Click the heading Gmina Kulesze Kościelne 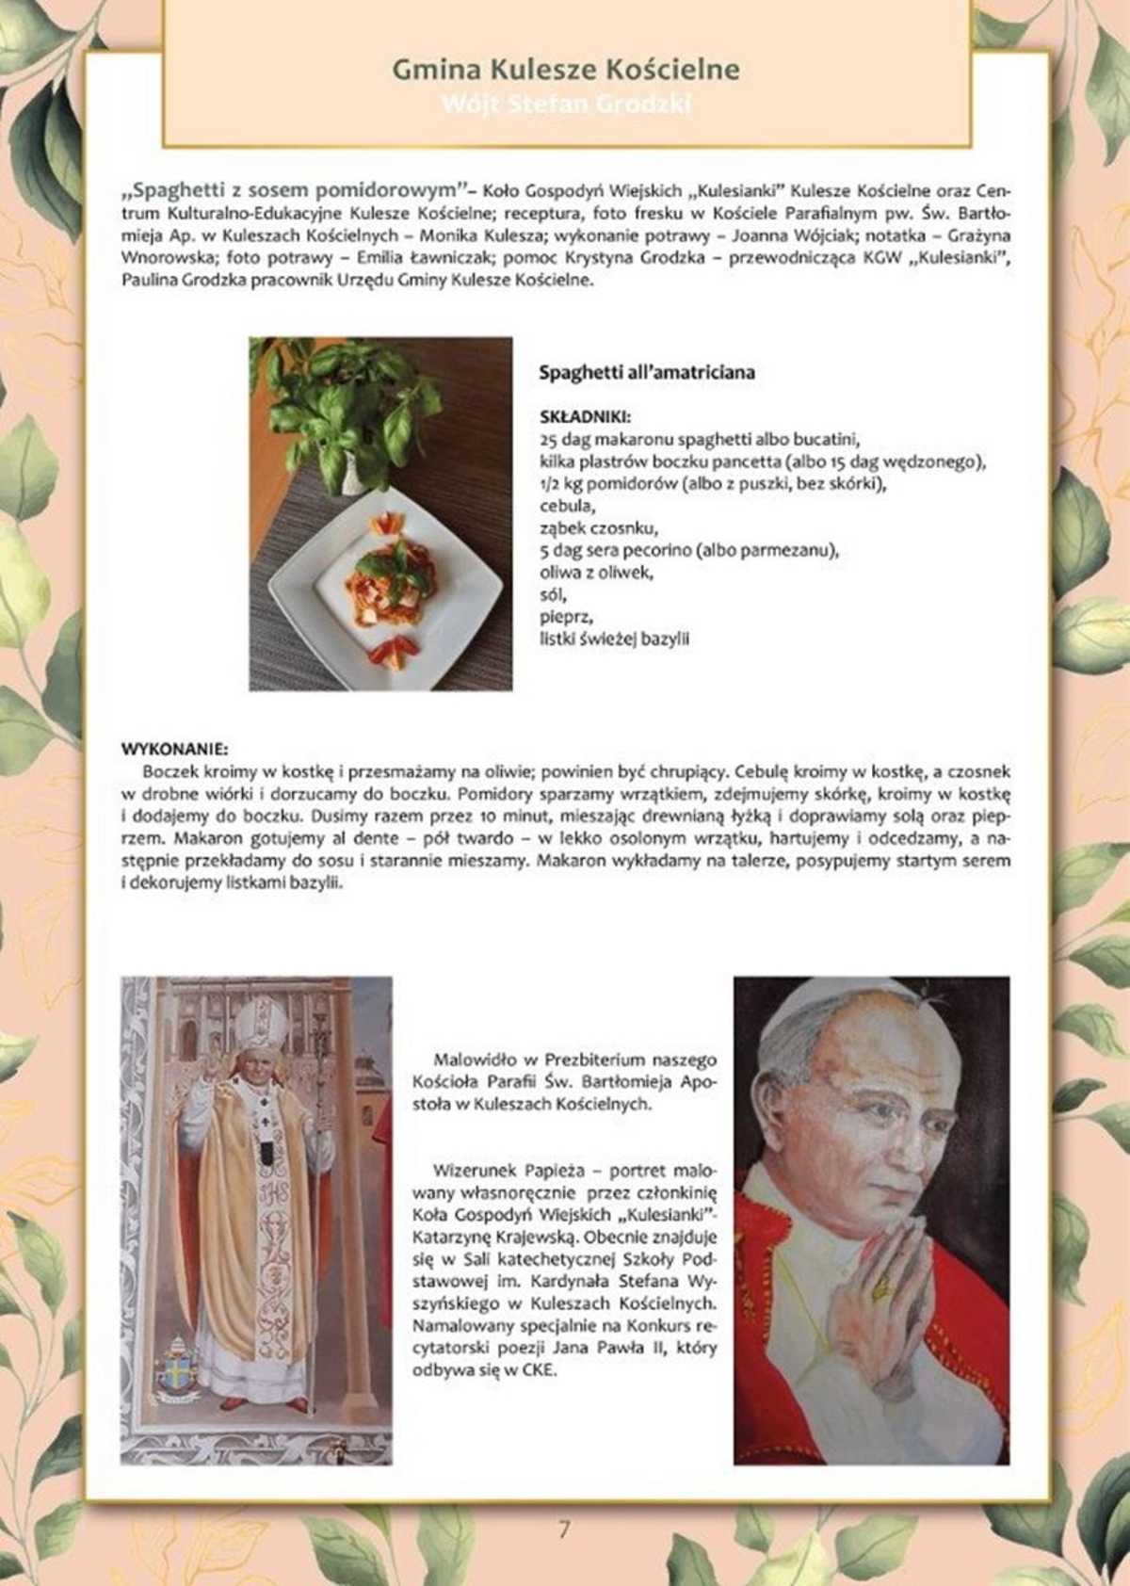click(565, 69)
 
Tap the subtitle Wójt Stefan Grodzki click(565, 105)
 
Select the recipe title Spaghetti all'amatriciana click(646, 372)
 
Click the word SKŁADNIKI click(584, 416)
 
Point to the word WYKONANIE click(174, 750)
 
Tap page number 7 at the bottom click(564, 1529)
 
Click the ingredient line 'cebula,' click(568, 506)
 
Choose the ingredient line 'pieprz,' click(566, 617)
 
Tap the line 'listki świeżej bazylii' click(614, 639)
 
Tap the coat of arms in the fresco click(175, 1366)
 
